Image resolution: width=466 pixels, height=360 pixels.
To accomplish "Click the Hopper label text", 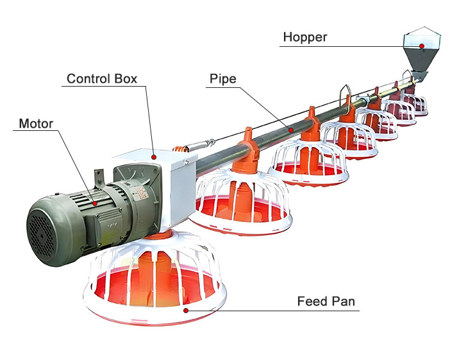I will (x=304, y=37).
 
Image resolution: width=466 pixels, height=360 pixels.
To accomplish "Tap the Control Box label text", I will (x=102, y=80).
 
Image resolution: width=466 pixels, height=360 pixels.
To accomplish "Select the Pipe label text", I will (x=222, y=80).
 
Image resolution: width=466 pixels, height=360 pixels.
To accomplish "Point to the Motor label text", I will (x=36, y=123).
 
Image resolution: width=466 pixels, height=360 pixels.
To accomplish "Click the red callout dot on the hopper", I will (x=422, y=46).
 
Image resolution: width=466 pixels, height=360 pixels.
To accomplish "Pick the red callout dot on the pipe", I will (x=292, y=130).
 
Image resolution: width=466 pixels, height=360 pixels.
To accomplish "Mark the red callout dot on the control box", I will (x=154, y=156).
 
